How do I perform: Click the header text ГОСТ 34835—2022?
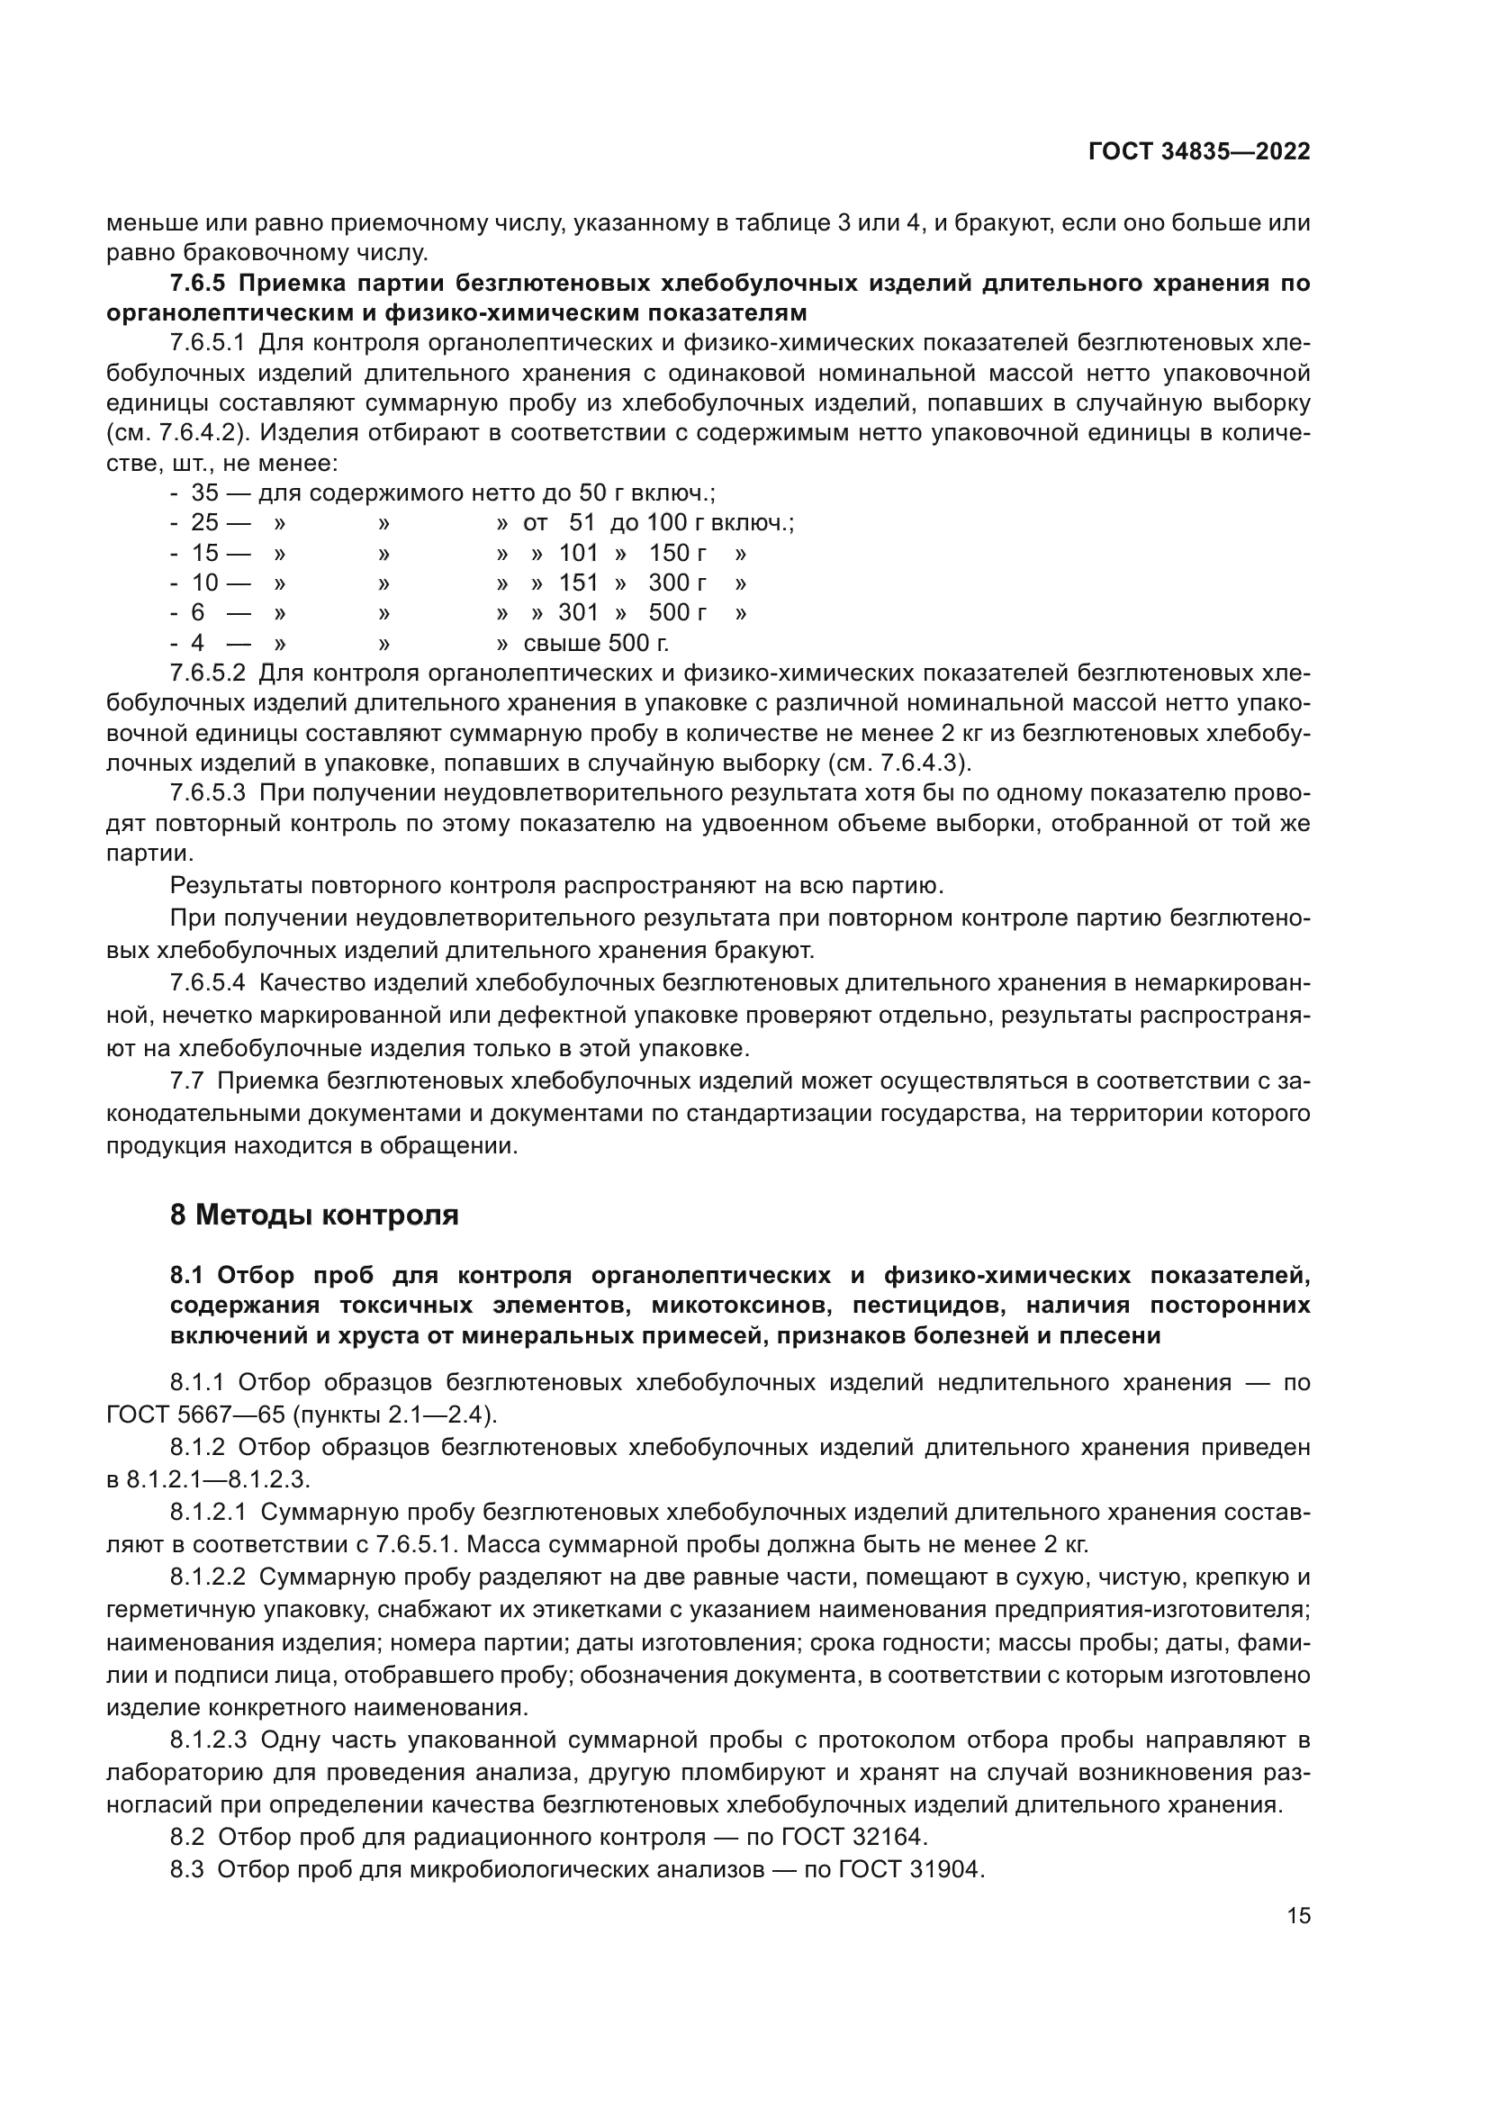[1198, 152]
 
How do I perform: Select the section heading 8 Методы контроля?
[313, 1216]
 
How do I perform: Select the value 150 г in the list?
[678, 554]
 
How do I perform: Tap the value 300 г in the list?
[678, 583]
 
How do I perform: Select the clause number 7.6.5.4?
[208, 983]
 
